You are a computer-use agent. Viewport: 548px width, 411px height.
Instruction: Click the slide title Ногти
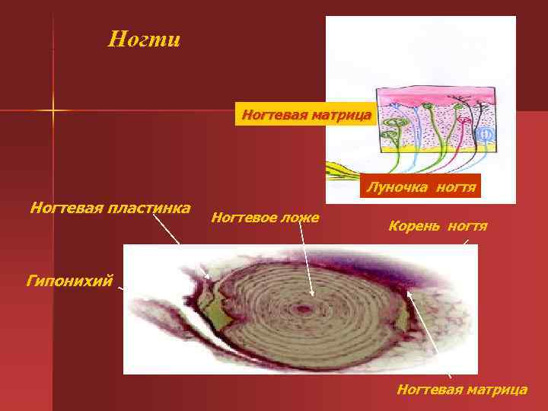pos(144,39)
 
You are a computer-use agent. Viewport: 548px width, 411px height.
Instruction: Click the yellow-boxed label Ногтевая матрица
pos(306,116)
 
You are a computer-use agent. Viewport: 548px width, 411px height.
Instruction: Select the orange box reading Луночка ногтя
pos(421,186)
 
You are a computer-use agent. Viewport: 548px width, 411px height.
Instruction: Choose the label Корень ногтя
pos(438,226)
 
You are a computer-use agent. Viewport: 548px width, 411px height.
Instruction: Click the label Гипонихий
pos(69,281)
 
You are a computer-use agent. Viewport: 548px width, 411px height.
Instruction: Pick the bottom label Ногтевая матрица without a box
pos(461,390)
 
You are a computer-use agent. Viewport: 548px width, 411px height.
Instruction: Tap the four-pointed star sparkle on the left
pos(53,111)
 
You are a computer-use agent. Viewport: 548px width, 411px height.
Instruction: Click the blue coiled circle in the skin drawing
pos(484,135)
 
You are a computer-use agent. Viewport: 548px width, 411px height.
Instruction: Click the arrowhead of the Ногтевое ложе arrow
pos(312,295)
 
